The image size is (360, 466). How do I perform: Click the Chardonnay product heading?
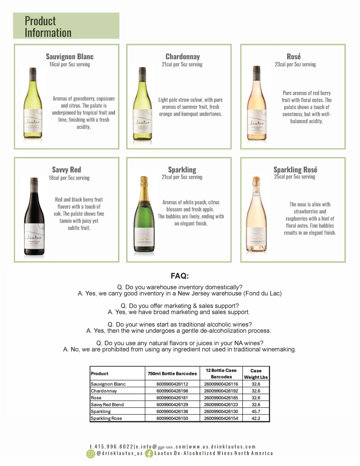pos(182,57)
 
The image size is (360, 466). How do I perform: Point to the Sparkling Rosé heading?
pos(295,170)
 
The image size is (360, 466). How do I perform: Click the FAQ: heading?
pos(180,276)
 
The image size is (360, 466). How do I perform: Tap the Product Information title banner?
pos(66,26)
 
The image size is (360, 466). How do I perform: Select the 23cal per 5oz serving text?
pos(295,64)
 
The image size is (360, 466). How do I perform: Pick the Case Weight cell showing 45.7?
pos(256,411)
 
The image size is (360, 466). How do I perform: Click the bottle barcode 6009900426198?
pos(172,390)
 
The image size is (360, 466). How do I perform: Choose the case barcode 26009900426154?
pos(221,418)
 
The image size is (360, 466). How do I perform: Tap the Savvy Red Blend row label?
pos(107,404)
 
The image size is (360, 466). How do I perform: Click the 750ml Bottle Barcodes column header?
pos(172,373)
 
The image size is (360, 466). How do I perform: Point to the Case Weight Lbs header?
pos(256,374)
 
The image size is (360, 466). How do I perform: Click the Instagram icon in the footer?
pos(91,453)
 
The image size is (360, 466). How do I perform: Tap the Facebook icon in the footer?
pos(149,453)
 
